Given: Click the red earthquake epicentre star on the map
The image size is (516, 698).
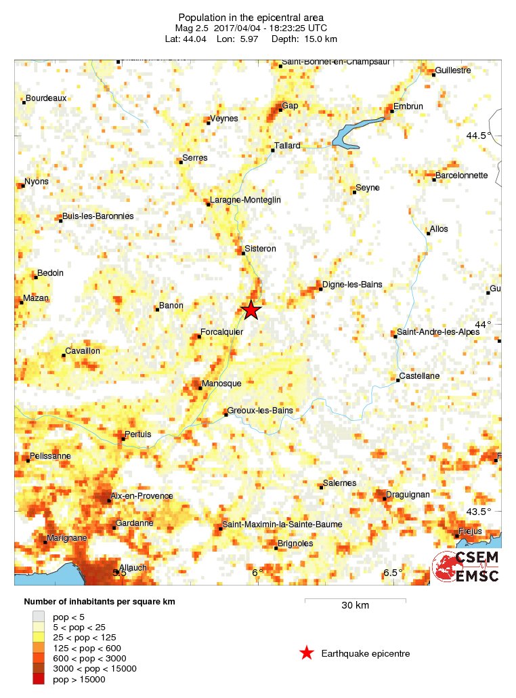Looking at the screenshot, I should tap(251, 310).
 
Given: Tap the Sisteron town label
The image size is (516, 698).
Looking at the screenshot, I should tap(261, 249).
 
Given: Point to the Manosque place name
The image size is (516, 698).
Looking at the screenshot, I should tap(221, 384).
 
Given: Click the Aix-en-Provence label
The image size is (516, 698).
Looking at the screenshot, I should tap(142, 496).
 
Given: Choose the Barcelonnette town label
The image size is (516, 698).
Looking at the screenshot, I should tap(461, 175).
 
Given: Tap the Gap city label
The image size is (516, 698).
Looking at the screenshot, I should tap(290, 105).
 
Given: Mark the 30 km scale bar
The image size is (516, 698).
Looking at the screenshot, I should tap(355, 600).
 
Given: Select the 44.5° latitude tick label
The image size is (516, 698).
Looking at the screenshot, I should tap(479, 136).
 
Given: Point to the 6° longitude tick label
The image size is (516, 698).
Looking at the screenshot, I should tap(257, 573).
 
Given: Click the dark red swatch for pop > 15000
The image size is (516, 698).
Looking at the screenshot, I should tap(38, 679).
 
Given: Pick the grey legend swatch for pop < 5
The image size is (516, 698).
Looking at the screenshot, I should tap(38, 617).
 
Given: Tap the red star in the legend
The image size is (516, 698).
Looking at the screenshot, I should tap(307, 653).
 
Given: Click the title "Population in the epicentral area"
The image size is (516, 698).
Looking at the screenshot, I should tap(251, 17).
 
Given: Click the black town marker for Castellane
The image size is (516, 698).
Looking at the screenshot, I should tap(398, 380).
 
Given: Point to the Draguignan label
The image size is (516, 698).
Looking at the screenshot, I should tap(408, 495).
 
